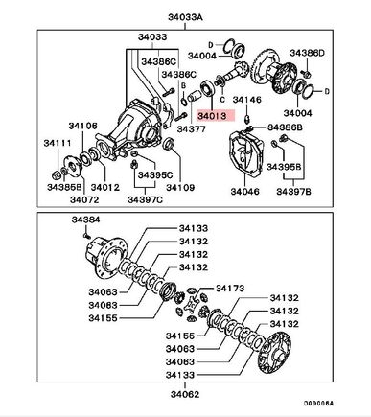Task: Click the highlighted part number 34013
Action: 212,116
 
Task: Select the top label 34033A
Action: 186,17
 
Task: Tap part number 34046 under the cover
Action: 245,191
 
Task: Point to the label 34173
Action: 230,289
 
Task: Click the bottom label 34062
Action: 185,394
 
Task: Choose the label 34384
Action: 85,220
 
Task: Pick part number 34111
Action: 58,143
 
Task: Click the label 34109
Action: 180,187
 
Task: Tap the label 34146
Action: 246,100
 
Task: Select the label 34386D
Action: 307,53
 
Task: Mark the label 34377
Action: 192,129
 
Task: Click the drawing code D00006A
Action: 318,404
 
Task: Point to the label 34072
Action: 84,199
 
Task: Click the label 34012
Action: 105,187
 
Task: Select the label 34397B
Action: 293,191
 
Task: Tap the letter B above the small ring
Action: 184,85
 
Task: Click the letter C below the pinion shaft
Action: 222,100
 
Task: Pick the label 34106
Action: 82,126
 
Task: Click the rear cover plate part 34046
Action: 246,153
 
